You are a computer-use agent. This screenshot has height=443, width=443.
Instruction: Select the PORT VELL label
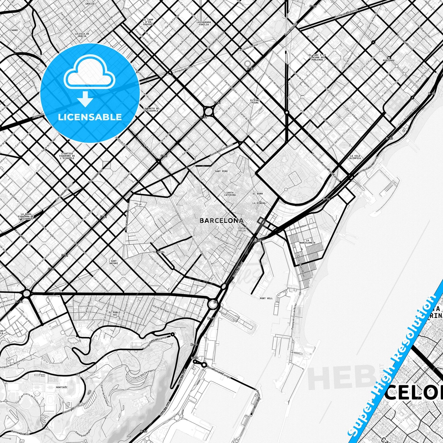[x=266, y=298]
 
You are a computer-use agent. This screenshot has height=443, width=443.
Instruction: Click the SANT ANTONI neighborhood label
[x=113, y=262]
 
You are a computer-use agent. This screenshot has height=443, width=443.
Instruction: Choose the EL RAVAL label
[x=159, y=252]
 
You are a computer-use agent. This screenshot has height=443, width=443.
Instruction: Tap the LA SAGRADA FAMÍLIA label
[x=203, y=23]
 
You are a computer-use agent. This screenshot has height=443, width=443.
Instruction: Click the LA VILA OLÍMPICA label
[x=355, y=157]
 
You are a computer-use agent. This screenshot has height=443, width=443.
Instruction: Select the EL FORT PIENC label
[x=255, y=101]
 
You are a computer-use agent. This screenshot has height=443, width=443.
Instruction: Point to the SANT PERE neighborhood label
[x=221, y=171]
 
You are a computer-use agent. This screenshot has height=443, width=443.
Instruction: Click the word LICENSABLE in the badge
[x=90, y=117]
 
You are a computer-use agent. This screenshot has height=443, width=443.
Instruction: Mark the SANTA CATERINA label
[x=230, y=194]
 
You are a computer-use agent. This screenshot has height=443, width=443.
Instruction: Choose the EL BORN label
[x=258, y=194]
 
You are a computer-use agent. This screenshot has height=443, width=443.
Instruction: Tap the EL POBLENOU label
[x=390, y=59]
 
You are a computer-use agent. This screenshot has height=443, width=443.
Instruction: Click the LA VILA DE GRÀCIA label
[x=82, y=35]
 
